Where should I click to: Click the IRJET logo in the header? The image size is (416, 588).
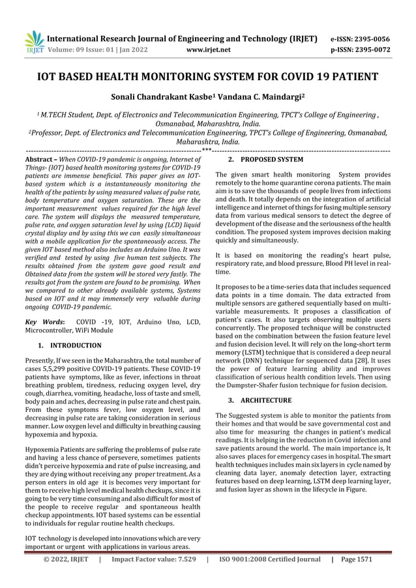(x=33, y=40)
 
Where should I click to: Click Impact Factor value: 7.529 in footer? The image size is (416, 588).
(x=153, y=576)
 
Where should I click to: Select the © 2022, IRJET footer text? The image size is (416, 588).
(x=65, y=576)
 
